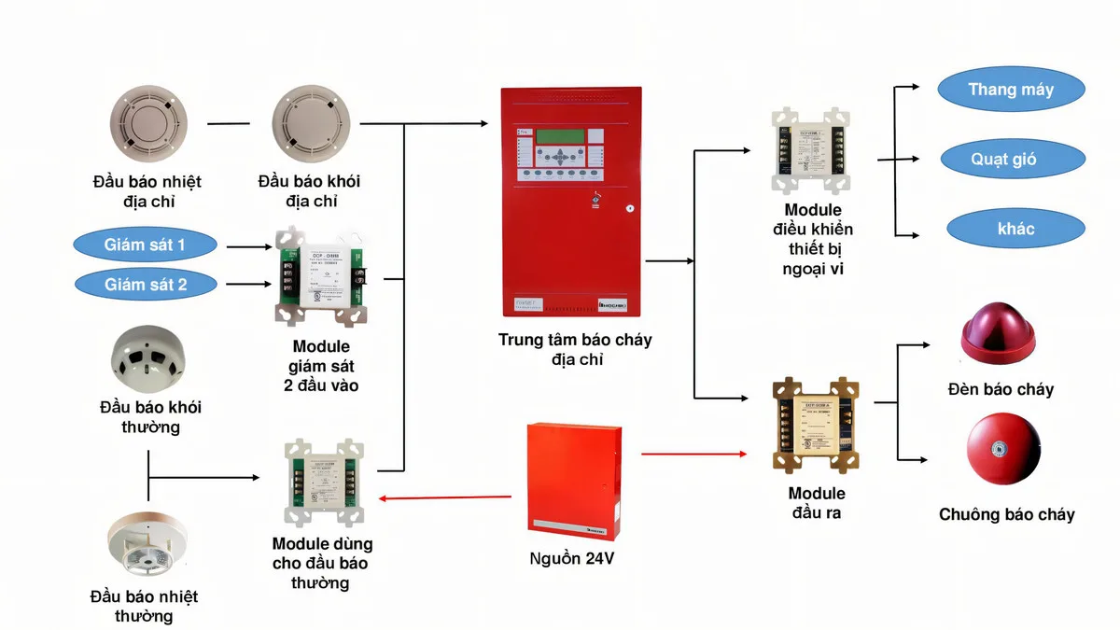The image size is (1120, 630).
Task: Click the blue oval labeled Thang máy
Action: [x=1011, y=91]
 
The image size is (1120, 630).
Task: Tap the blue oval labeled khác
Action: [x=1016, y=229]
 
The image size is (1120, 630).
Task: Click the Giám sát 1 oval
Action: [x=145, y=245]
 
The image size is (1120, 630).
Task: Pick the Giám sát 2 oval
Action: [x=145, y=285]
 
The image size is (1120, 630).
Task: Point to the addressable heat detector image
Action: [x=148, y=124]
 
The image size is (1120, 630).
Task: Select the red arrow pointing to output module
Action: [x=694, y=455]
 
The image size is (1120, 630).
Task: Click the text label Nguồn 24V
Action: [x=571, y=559]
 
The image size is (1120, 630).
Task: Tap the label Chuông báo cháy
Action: [x=1006, y=514]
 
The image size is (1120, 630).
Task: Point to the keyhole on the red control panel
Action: [x=630, y=210]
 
